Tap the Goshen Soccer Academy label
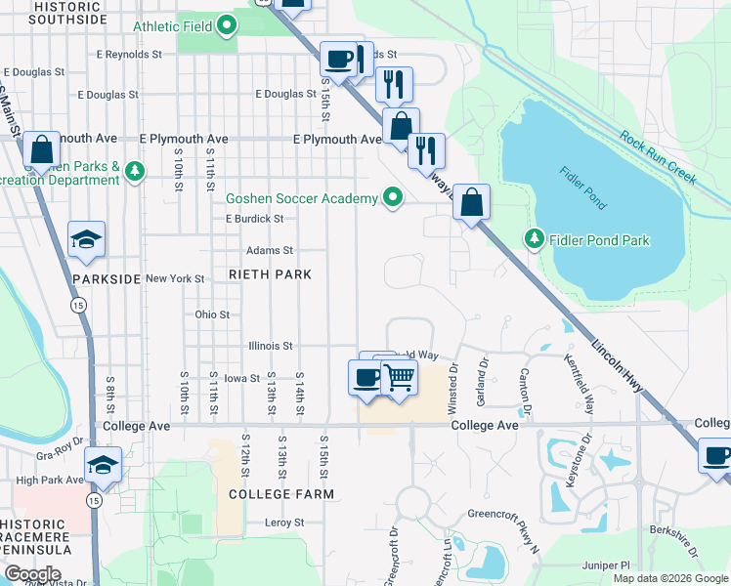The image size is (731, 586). (301, 198)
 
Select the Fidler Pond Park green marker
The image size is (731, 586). (534, 238)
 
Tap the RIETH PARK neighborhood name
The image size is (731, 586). (270, 274)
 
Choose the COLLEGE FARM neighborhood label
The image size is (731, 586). (281, 494)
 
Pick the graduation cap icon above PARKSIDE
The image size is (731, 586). (86, 240)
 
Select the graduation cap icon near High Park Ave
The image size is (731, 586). (103, 465)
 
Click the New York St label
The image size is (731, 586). (175, 279)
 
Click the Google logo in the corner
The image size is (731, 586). (32, 574)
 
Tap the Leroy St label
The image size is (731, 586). (284, 523)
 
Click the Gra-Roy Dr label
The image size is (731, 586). (58, 455)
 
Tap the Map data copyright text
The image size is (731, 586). (669, 578)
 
